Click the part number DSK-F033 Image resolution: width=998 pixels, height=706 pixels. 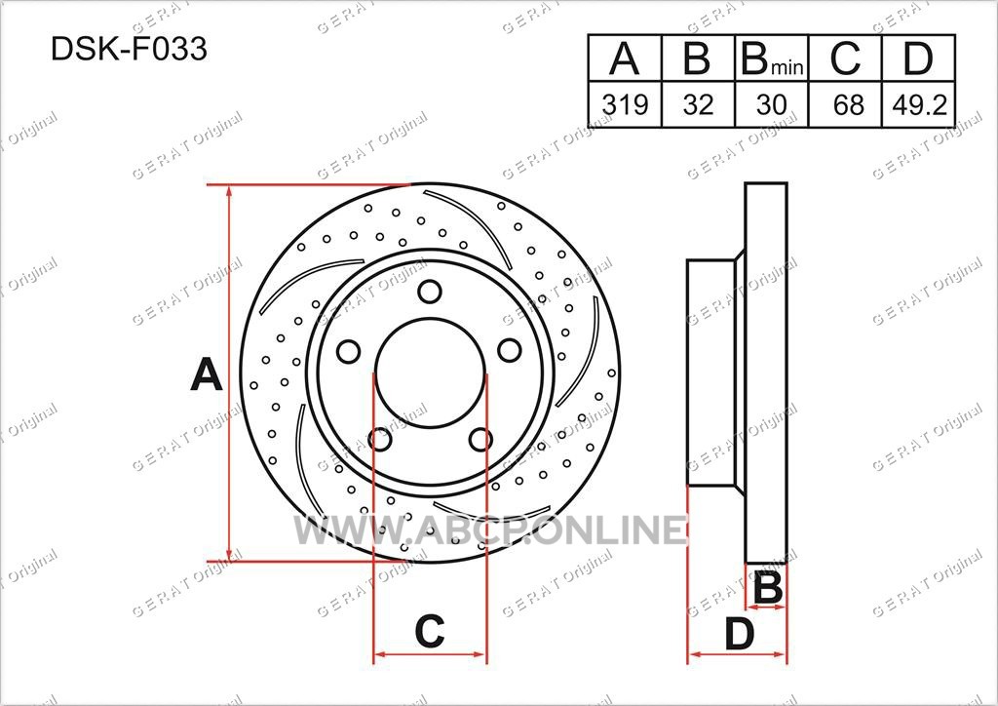130,49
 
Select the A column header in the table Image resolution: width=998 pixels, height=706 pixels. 625,58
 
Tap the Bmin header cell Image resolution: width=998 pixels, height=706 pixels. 772,58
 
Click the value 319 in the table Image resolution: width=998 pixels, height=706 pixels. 625,104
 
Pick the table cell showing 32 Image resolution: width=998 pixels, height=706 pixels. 698,104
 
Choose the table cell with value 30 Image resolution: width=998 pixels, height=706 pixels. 772,104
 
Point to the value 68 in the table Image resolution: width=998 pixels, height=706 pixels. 845,104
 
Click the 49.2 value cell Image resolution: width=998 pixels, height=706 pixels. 918,104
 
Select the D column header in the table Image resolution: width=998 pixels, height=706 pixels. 918,58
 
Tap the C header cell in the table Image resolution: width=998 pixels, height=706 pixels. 845,58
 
